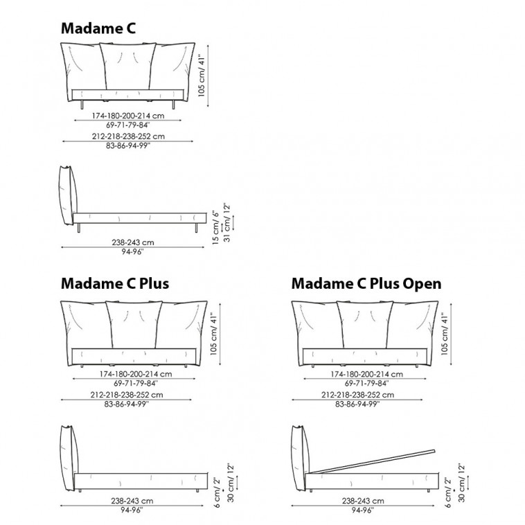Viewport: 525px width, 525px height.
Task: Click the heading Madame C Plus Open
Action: [x=366, y=283]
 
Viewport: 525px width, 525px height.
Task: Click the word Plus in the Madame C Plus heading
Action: [x=154, y=283]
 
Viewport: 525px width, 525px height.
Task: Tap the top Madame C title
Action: [x=98, y=28]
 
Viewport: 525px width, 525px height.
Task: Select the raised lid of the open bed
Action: [x=373, y=461]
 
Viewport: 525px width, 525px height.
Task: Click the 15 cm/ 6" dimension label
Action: [x=216, y=228]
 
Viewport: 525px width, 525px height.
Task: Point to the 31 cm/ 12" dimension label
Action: [x=227, y=222]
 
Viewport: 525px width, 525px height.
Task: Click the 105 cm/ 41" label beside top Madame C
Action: [x=202, y=75]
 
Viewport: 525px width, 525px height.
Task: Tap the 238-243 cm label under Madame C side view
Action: [x=133, y=242]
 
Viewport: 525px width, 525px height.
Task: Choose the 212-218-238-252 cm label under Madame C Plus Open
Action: [x=357, y=395]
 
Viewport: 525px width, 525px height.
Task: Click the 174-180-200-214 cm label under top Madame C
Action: [x=128, y=116]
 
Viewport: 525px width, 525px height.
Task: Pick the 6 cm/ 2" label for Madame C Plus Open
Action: [x=448, y=492]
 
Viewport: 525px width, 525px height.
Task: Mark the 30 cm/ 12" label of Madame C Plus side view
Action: [x=231, y=483]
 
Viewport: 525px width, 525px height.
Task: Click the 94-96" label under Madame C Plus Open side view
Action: [x=363, y=510]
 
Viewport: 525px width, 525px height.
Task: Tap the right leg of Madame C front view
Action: [x=173, y=105]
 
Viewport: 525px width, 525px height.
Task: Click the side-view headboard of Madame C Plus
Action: [x=69, y=458]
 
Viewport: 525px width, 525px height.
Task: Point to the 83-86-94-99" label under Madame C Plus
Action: [x=126, y=404]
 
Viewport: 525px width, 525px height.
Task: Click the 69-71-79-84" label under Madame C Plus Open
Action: [x=366, y=384]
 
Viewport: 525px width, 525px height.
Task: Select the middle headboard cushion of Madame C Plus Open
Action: [x=365, y=324]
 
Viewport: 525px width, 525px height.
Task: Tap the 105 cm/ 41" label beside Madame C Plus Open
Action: [x=444, y=334]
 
